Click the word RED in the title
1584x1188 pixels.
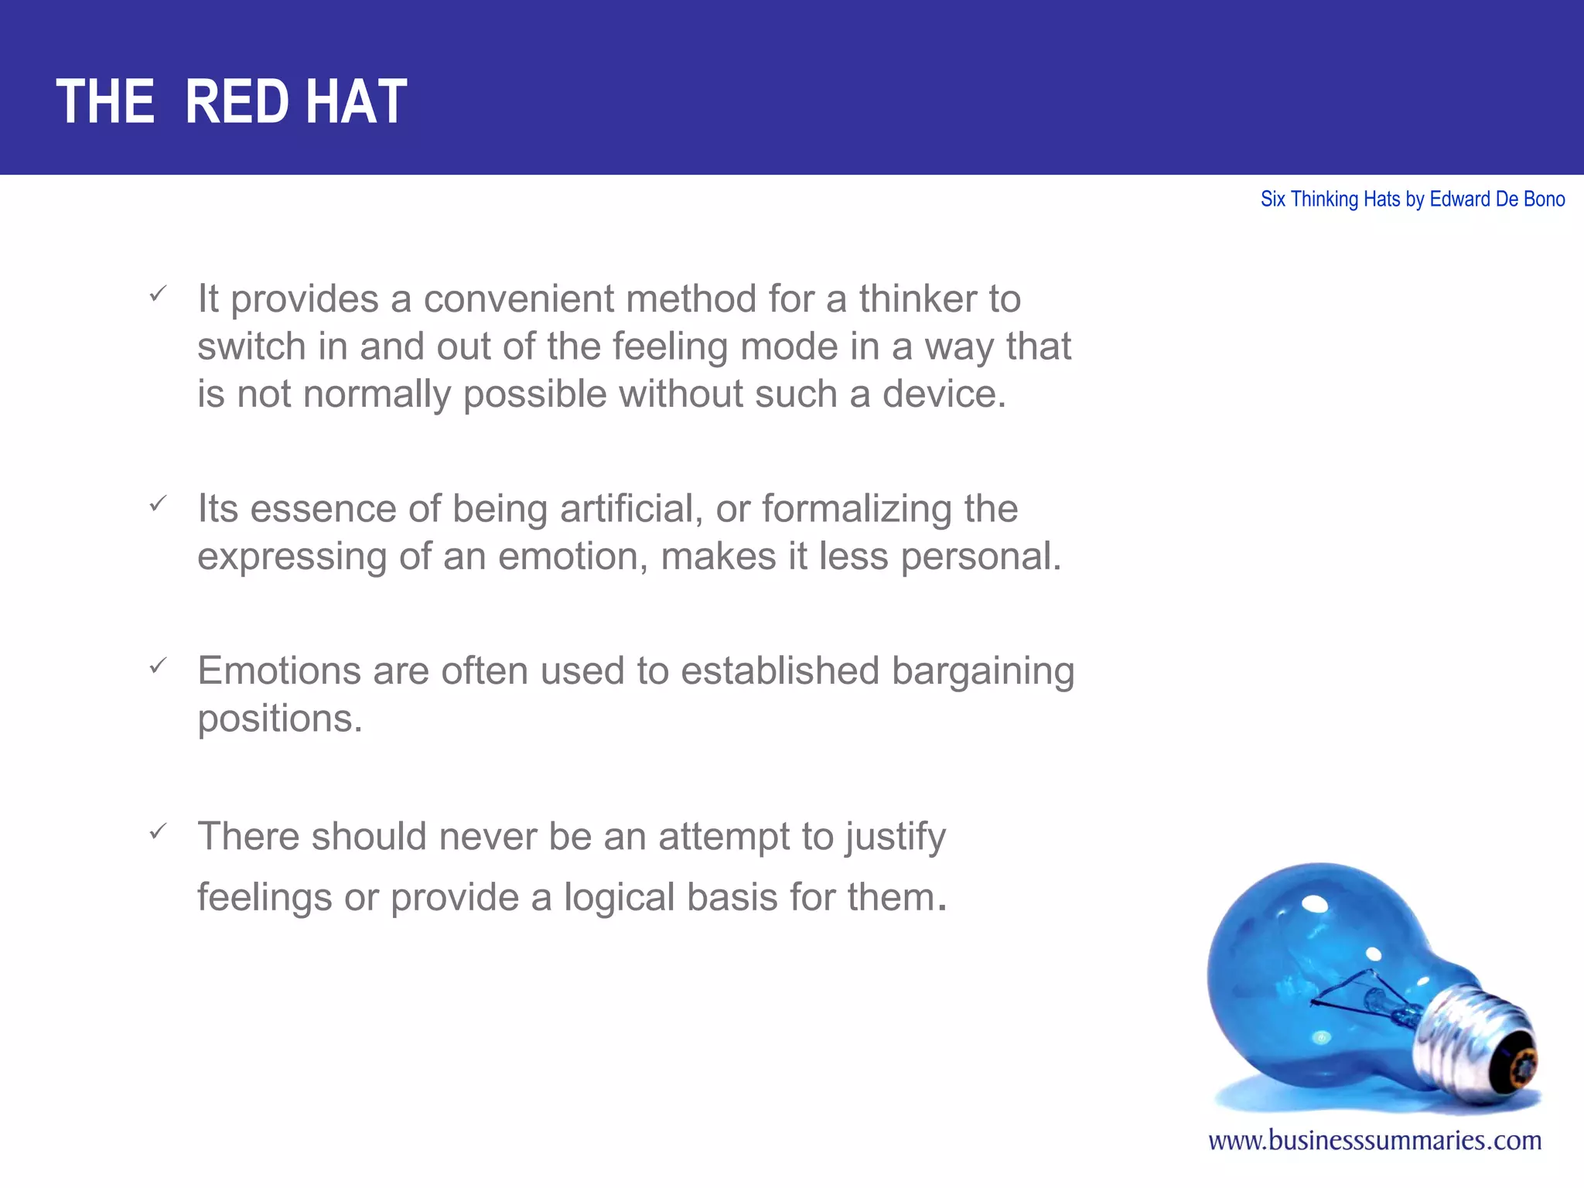tap(237, 102)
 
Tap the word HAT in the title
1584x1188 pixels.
tap(356, 102)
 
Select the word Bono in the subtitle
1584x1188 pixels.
tap(1544, 200)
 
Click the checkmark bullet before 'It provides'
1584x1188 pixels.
tap(158, 294)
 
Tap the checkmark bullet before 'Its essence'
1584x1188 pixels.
tap(158, 504)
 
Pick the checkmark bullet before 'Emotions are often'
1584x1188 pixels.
tap(158, 666)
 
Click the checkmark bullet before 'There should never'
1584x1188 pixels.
tap(158, 831)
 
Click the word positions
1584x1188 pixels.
tap(279, 719)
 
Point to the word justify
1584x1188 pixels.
tap(895, 838)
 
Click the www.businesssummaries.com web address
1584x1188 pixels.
tap(1374, 1141)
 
